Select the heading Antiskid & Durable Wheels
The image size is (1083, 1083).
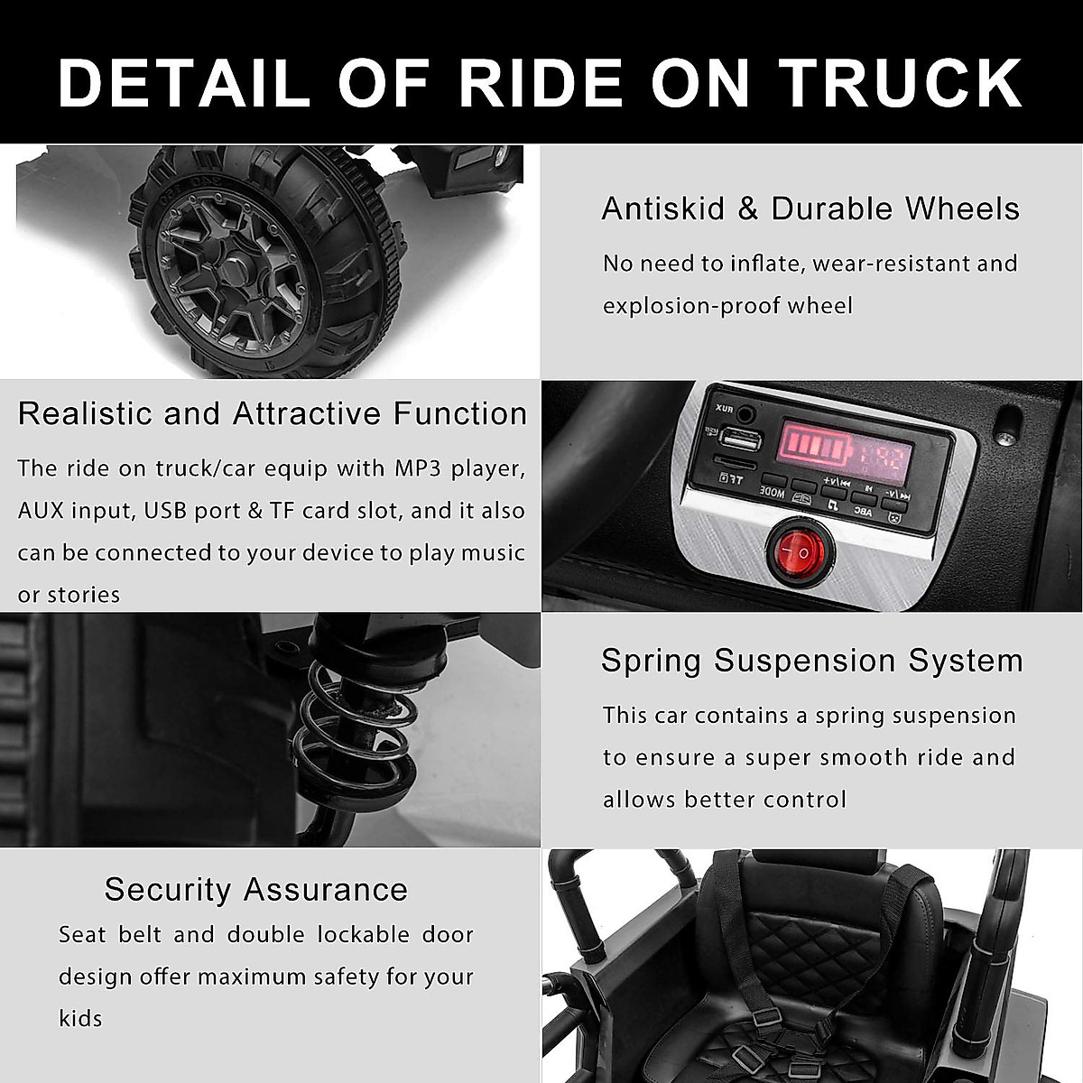810,208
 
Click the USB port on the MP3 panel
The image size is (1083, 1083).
740,442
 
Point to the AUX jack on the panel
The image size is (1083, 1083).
745,414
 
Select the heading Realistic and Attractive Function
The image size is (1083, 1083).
273,413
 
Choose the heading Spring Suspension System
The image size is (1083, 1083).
812,661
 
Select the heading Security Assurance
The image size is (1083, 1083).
256,889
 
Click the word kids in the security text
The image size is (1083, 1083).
81,1019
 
